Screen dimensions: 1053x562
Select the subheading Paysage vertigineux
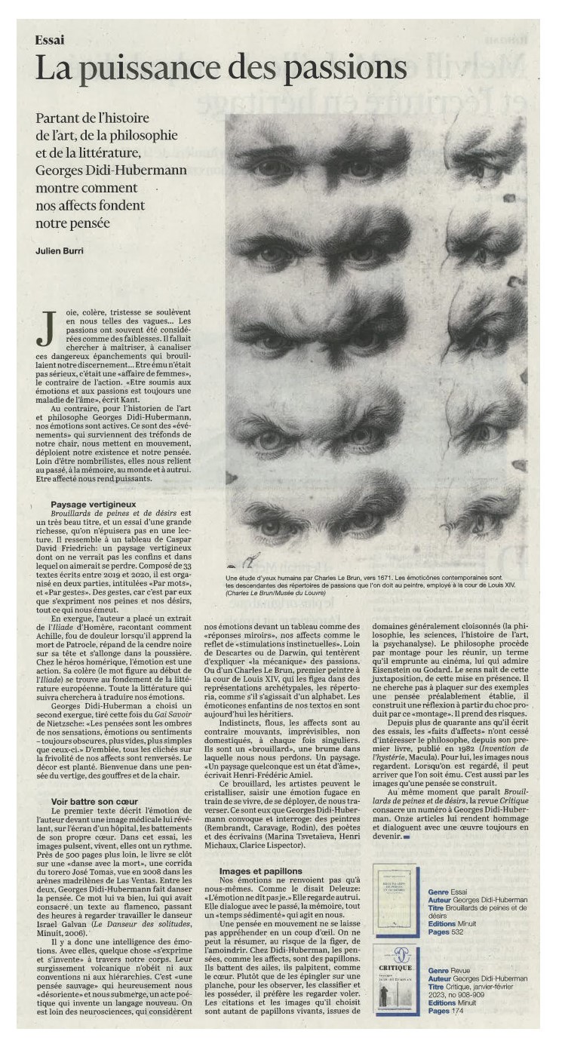(94, 503)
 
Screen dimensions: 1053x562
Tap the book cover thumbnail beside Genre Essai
(395, 900)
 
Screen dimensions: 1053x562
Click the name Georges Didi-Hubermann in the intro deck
(111, 170)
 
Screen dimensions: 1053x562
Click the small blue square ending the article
(406, 837)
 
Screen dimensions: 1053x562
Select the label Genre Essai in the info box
(447, 892)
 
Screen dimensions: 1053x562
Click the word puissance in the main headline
(151, 69)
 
